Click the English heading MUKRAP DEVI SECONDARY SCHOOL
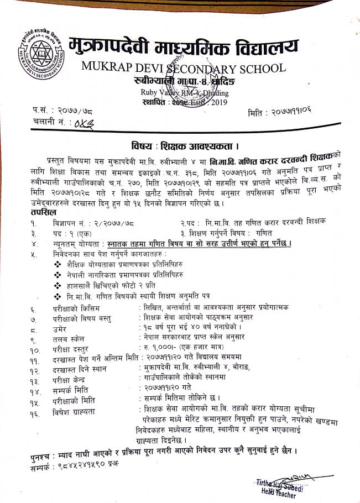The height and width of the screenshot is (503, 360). (184, 68)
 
